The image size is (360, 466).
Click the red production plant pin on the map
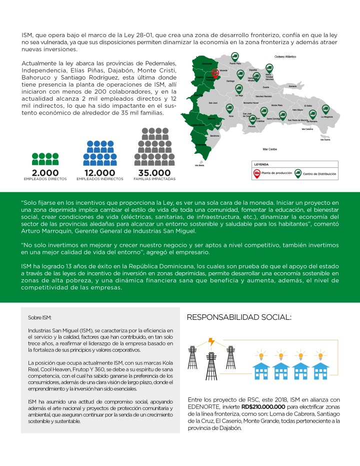click(215, 73)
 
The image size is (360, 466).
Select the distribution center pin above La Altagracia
click(325, 109)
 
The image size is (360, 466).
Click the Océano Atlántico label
click(285, 57)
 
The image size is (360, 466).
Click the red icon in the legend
click(257, 173)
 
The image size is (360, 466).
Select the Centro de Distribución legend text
click(319, 174)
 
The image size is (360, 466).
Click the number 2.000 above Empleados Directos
click(45, 173)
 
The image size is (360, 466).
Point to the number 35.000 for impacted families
click(154, 173)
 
